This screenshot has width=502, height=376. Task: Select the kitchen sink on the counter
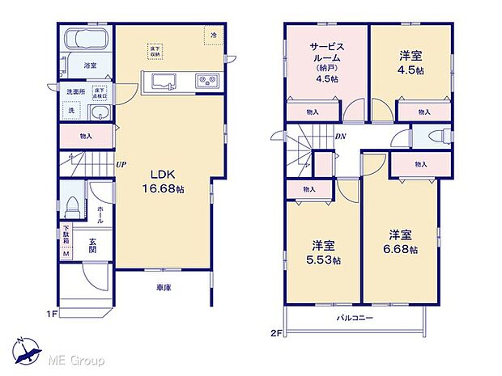point(159,81)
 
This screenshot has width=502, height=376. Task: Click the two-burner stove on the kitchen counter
point(206,81)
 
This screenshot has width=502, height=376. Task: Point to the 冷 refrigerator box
point(214,36)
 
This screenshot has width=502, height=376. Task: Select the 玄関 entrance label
point(93,243)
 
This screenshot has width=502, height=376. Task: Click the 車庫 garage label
point(164,288)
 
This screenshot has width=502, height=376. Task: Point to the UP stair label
point(121,165)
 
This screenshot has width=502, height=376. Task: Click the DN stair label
point(342,137)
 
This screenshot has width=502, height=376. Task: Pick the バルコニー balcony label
point(355,319)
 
